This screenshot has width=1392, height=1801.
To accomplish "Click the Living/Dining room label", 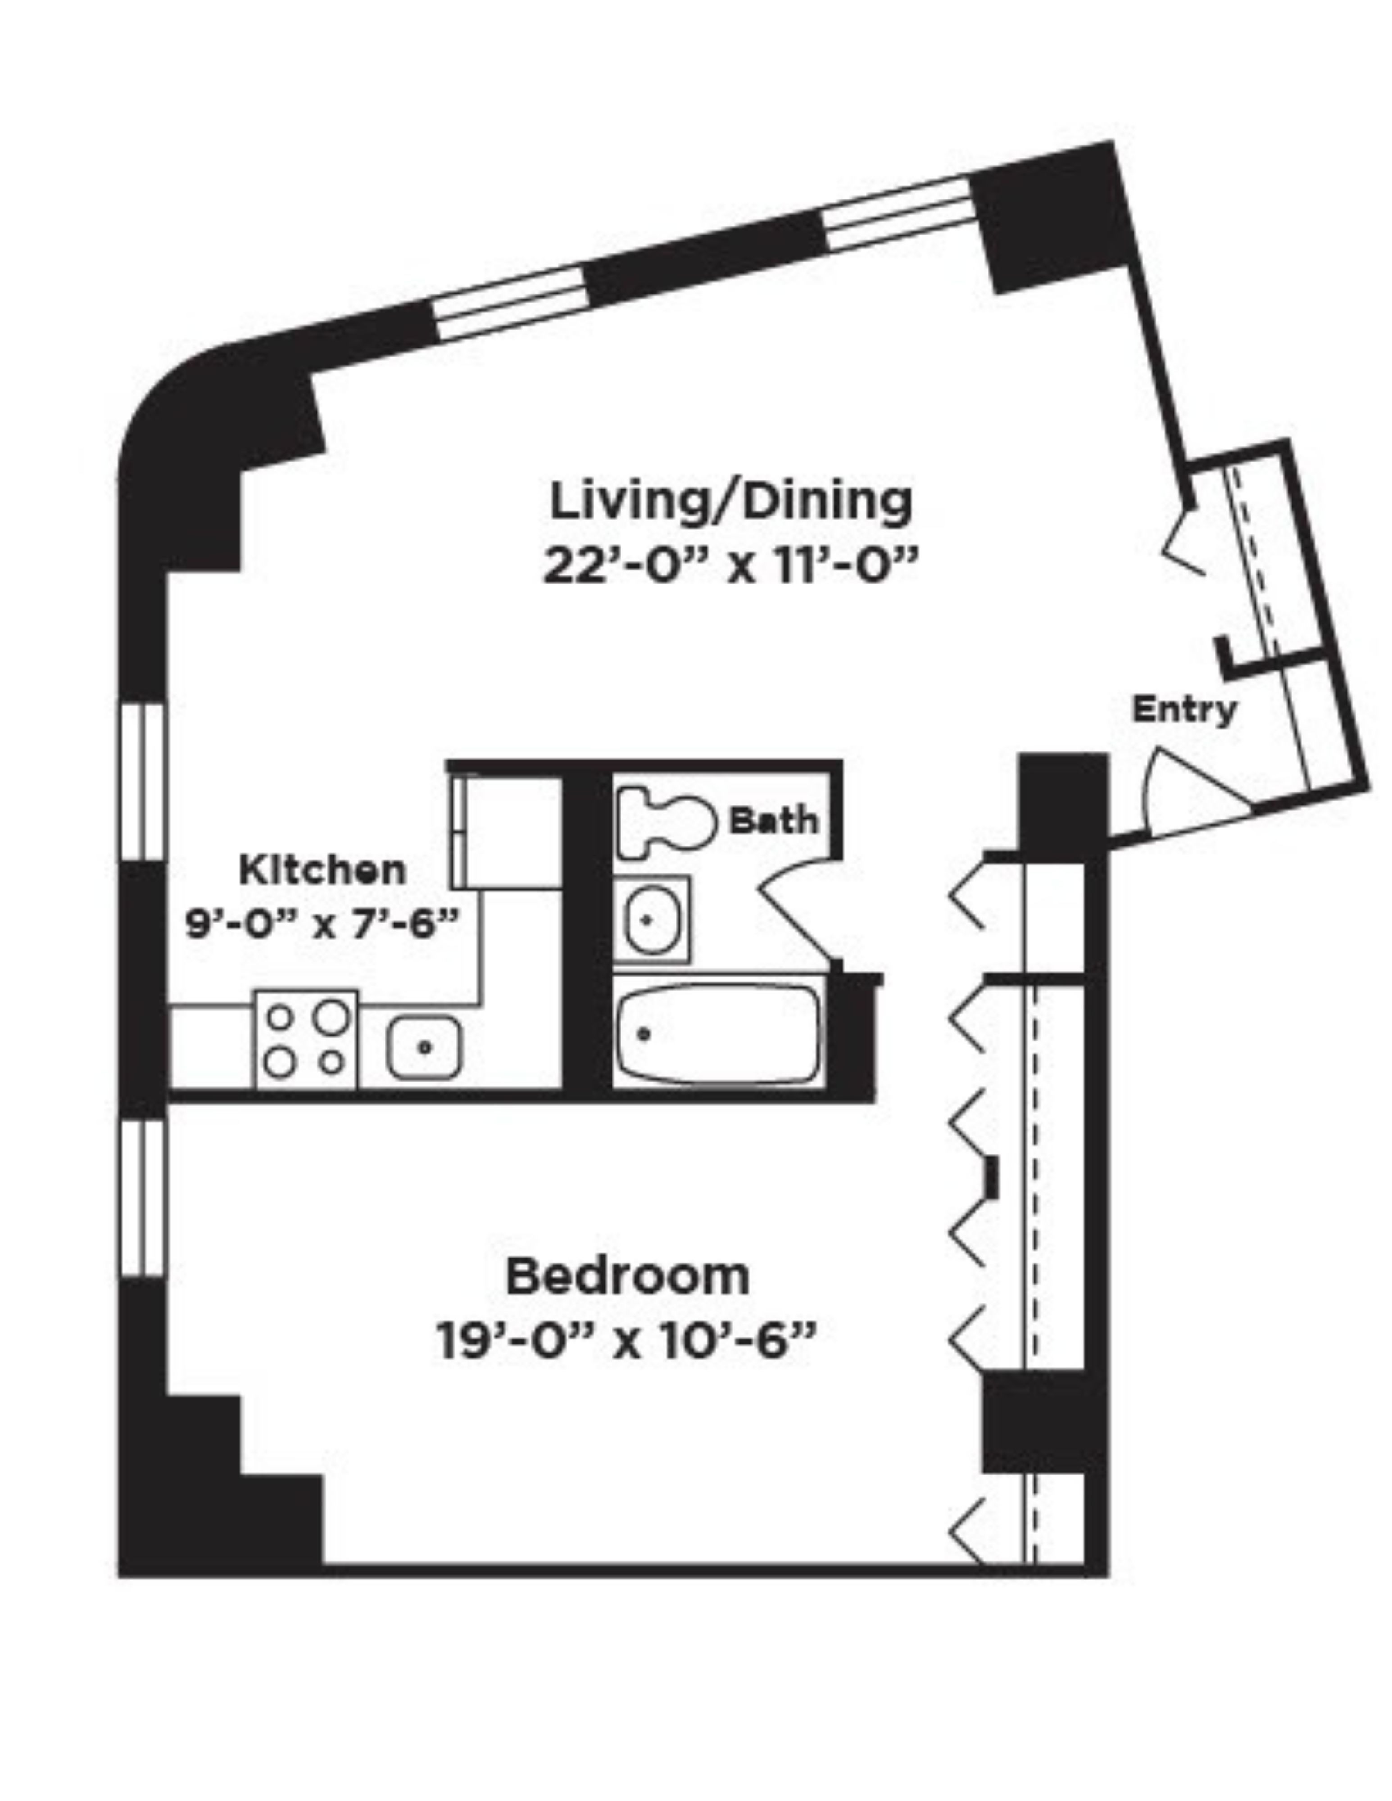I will coord(730,502).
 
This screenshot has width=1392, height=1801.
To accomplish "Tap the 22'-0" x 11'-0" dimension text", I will coord(730,567).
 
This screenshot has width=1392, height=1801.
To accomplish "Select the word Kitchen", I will coord(322,870).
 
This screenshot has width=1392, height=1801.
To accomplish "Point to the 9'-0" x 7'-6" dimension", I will coord(320,923).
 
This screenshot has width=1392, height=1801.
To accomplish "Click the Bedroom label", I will coord(628,1276).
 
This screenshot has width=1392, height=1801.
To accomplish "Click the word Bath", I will coord(774,820).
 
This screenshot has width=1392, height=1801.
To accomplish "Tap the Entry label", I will coord(1183,709).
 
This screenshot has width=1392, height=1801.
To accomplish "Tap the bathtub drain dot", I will coord(644,1033).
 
